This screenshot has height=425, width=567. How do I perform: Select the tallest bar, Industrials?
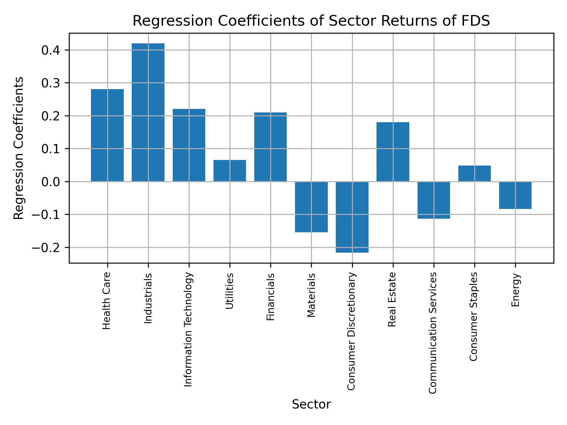[x=148, y=112]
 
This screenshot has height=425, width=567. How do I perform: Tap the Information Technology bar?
[x=189, y=145]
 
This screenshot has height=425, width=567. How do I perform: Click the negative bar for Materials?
[x=311, y=207]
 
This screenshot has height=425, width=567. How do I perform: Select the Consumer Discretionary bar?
[x=352, y=217]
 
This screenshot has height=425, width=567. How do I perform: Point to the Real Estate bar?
[x=393, y=152]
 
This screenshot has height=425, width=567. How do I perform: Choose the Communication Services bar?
[x=434, y=200]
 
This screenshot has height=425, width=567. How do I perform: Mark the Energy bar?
[x=515, y=195]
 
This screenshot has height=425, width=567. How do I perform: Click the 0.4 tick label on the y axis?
[x=51, y=50]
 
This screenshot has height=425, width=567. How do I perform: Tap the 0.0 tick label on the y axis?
[x=51, y=182]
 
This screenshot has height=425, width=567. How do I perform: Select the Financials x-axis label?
[x=271, y=297]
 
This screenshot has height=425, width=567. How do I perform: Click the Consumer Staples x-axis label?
[x=473, y=316]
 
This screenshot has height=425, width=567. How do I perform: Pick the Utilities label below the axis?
[x=230, y=291]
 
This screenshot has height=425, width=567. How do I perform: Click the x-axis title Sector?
[x=311, y=404]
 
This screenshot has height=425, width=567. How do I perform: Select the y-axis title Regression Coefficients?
[x=19, y=148]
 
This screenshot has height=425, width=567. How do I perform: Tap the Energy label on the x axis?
[x=515, y=290]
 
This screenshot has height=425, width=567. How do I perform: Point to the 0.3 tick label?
[x=51, y=83]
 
